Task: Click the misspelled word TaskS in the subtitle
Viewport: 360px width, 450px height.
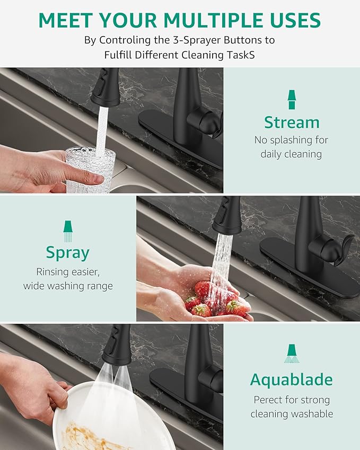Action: (x=248, y=55)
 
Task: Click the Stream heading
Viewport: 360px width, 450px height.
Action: (x=292, y=122)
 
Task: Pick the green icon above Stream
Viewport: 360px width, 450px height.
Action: (x=292, y=100)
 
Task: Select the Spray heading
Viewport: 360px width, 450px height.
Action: (x=68, y=252)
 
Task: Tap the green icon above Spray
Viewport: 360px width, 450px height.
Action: (x=68, y=230)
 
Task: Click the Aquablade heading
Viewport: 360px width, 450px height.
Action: (x=291, y=380)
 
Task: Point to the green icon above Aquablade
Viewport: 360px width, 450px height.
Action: (x=291, y=354)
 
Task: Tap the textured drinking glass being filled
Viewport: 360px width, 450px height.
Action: (x=90, y=170)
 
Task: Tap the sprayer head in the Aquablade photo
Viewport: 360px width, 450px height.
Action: (x=117, y=346)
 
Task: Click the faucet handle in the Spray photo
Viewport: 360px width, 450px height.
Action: (x=331, y=249)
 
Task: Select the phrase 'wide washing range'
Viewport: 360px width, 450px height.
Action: (x=68, y=286)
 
